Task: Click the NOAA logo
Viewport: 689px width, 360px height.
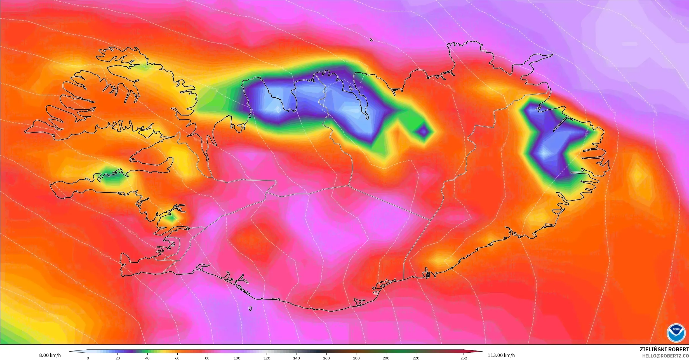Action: click(x=676, y=333)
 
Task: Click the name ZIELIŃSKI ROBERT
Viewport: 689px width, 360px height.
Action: click(x=664, y=349)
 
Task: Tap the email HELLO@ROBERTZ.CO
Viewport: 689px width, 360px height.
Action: click(x=665, y=356)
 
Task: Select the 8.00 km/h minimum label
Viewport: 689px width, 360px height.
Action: click(x=50, y=355)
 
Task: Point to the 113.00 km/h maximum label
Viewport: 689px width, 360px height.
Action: click(x=501, y=355)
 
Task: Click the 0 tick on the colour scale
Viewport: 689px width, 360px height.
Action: click(x=88, y=358)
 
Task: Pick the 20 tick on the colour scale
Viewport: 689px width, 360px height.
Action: click(x=118, y=358)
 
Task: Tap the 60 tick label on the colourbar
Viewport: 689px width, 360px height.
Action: click(x=177, y=358)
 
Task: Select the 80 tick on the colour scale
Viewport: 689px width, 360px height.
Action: click(x=207, y=358)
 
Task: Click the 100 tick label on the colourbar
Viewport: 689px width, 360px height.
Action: click(x=237, y=358)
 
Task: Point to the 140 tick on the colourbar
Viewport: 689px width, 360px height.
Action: click(x=297, y=358)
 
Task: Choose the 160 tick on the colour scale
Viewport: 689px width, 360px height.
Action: click(x=326, y=358)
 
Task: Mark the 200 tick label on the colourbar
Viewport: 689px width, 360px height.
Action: click(x=386, y=358)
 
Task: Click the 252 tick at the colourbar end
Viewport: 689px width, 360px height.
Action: click(x=464, y=358)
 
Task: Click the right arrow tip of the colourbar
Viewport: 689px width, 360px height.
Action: click(x=482, y=351)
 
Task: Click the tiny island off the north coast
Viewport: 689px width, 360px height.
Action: click(x=371, y=40)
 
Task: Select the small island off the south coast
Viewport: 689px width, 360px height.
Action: click(x=250, y=309)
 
